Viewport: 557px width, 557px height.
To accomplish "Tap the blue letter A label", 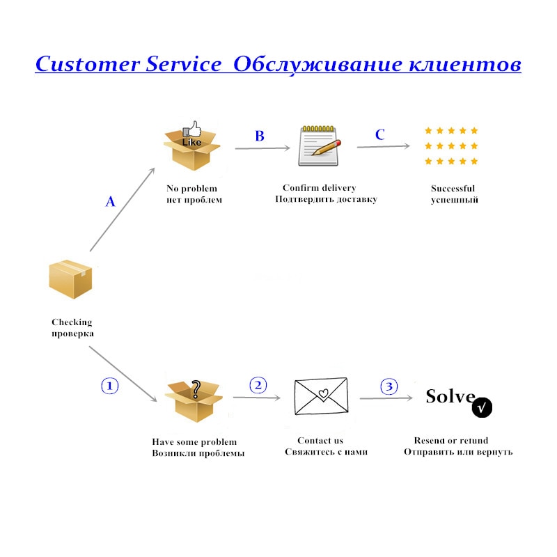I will click(110, 202).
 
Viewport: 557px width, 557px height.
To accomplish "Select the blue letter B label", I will click(259, 136).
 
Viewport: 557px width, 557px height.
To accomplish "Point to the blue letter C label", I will click(379, 135).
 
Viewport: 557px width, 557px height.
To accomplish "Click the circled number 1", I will click(111, 386).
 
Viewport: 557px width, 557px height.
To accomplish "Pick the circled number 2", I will click(258, 385).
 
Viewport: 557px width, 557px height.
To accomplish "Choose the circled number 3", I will click(389, 386).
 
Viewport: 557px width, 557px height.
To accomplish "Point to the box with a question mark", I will click(194, 400).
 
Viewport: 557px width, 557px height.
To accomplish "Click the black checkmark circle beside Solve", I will click(483, 407).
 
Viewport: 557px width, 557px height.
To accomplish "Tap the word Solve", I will click(450, 396).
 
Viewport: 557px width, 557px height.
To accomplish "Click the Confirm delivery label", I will click(319, 188).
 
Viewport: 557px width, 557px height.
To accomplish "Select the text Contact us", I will click(320, 441).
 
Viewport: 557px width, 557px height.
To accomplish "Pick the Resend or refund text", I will click(451, 441).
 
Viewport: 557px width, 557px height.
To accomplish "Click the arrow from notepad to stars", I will click(383, 146).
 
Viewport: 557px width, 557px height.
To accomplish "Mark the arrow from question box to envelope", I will click(256, 398).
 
